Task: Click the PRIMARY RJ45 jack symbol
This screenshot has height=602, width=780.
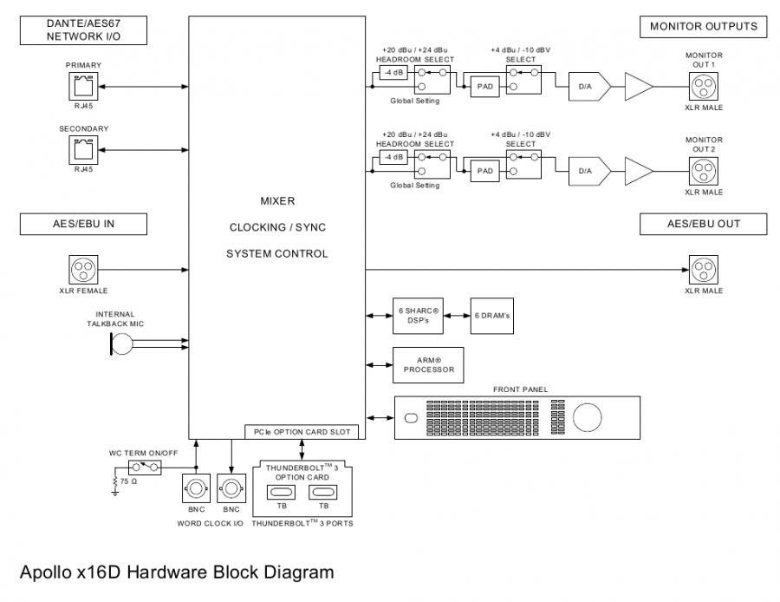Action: tap(83, 87)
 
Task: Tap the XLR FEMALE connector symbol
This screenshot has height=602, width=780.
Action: tap(83, 270)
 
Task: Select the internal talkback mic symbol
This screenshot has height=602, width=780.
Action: tap(120, 344)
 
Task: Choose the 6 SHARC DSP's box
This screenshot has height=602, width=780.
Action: tap(419, 316)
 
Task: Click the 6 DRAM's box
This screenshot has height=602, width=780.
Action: tap(491, 316)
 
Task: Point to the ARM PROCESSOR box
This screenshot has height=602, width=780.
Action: tap(428, 365)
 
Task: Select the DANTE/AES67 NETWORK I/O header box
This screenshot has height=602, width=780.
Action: tap(83, 31)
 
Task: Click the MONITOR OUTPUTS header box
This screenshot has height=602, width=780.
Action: tap(703, 27)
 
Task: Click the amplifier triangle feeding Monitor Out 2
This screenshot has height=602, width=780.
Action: tap(639, 171)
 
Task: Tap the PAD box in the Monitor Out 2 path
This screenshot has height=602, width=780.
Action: tap(484, 171)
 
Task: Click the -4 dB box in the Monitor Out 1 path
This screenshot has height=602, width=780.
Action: tap(394, 73)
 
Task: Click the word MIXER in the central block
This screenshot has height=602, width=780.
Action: tap(277, 201)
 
